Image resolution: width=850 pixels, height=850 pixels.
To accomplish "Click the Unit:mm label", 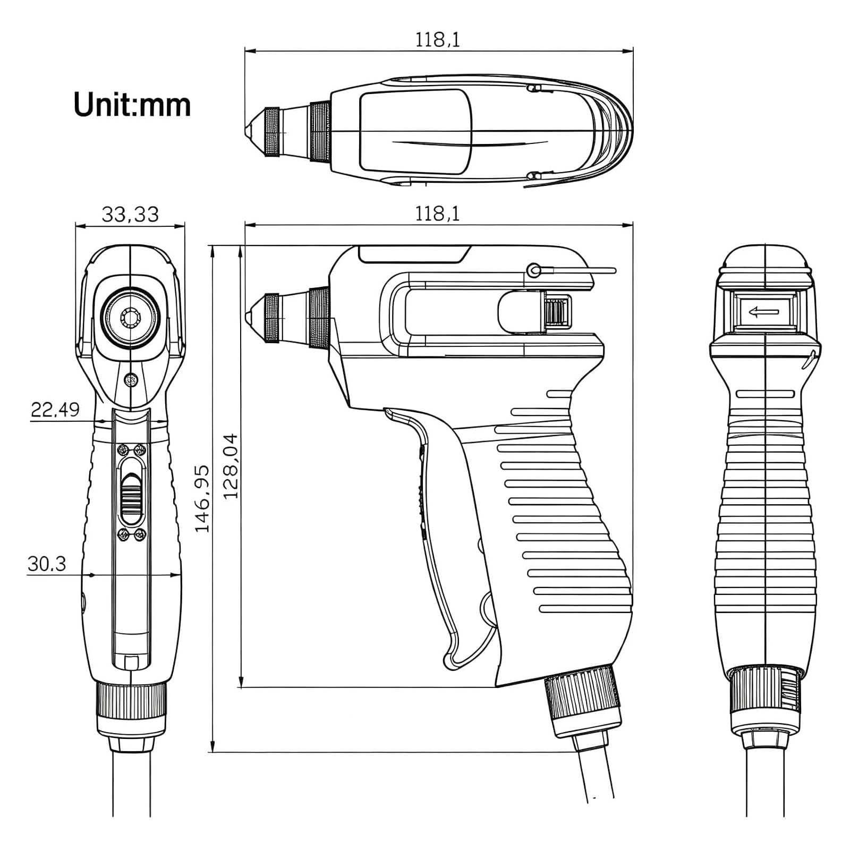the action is (132, 105).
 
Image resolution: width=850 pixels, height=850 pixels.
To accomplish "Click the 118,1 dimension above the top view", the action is (437, 40).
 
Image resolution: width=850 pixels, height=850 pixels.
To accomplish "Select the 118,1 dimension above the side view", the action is (437, 214).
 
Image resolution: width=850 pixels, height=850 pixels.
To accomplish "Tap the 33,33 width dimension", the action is (130, 215).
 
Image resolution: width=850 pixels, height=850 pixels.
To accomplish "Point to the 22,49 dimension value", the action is (55, 410).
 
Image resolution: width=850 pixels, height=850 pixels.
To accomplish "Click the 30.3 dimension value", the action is (47, 564).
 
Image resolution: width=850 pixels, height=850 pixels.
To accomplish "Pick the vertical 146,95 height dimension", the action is (202, 499).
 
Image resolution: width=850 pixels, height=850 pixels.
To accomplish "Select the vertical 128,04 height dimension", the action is (231, 466).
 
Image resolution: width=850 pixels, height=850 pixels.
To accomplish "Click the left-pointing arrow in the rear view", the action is (763, 312).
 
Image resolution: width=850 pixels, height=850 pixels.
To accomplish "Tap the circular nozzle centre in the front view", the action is (130, 318).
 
